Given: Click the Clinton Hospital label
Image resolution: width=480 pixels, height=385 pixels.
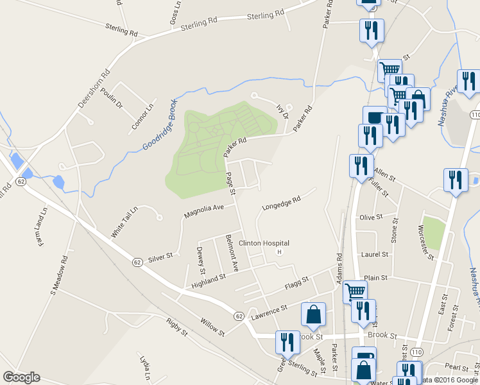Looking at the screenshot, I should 264,243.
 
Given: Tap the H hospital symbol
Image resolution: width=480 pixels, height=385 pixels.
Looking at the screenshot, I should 279,252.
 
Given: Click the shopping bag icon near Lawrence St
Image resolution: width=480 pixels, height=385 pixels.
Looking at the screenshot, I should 313,315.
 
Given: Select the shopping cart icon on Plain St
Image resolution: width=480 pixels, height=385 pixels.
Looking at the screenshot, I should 354,292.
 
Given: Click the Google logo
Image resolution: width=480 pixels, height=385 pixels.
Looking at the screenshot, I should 21,377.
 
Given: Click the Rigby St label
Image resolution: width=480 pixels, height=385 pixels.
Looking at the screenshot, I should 176,328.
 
